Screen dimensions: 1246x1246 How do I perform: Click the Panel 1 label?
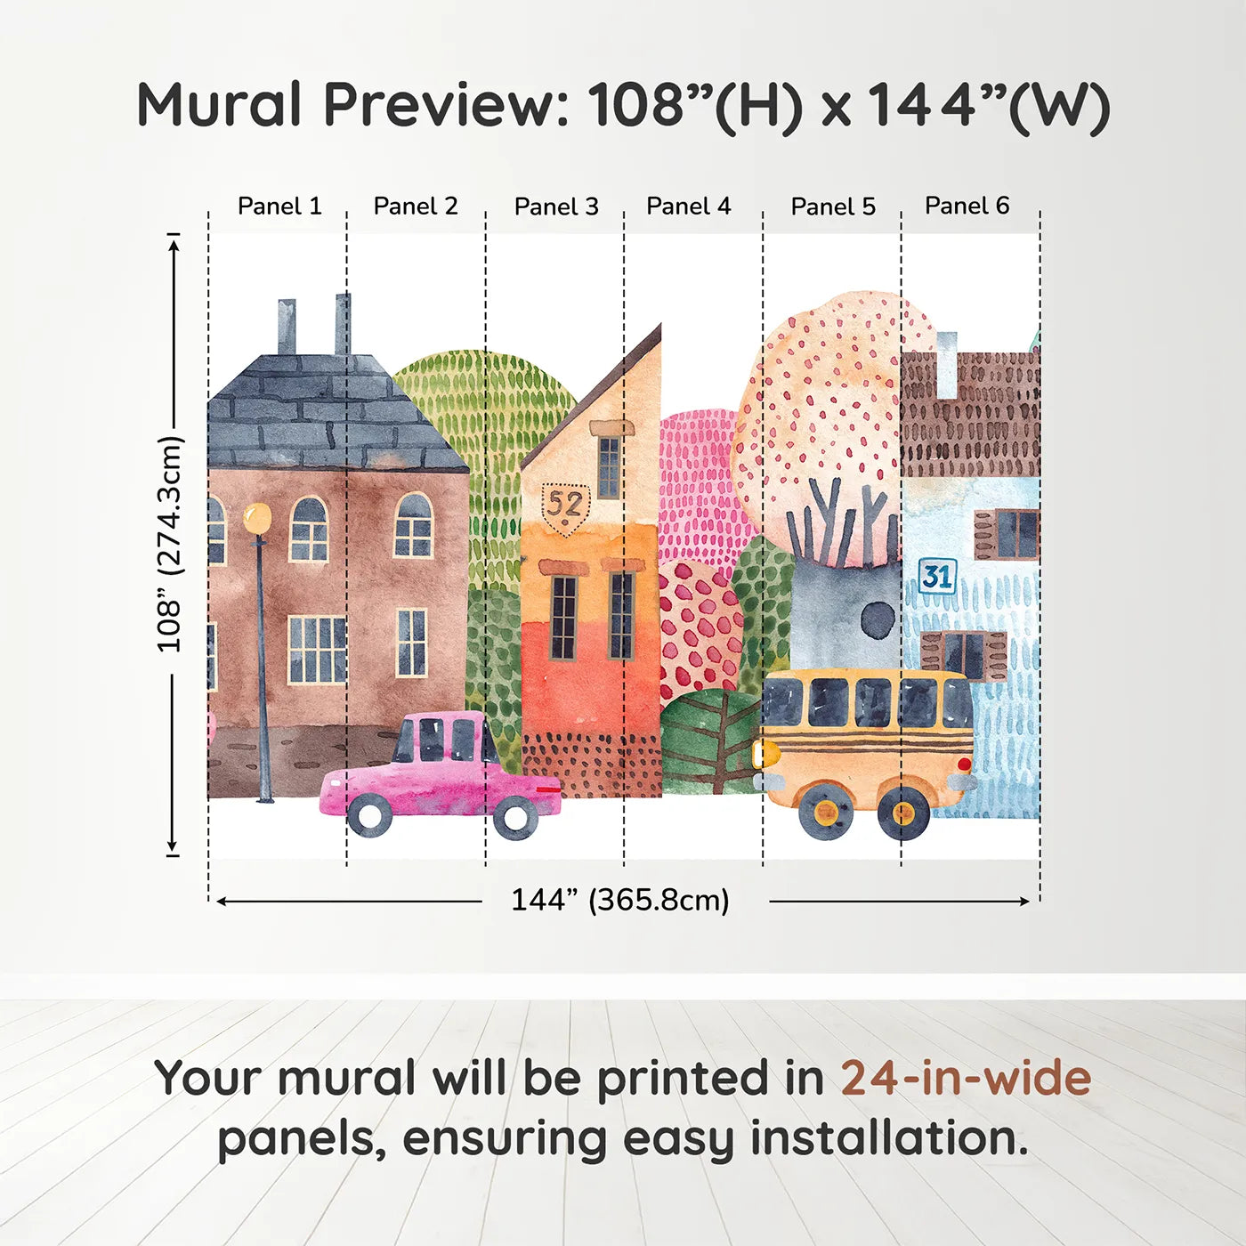click(x=279, y=206)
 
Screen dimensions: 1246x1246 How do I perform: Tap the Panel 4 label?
click(x=688, y=206)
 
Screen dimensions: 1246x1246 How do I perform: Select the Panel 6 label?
click(x=967, y=206)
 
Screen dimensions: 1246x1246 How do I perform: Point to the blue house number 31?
click(x=936, y=576)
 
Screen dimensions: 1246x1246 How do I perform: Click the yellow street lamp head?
click(x=257, y=517)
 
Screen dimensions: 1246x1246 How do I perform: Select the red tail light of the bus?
click(x=964, y=764)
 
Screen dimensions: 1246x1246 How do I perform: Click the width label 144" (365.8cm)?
click(x=619, y=900)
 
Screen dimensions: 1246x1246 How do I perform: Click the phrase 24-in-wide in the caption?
click(x=965, y=1078)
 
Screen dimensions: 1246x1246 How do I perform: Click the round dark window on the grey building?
click(x=878, y=619)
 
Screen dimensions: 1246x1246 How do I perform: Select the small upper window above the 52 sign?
click(x=609, y=466)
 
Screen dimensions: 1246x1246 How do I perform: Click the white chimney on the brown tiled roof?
click(x=946, y=364)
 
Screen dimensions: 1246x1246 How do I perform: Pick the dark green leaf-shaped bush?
click(x=709, y=741)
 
